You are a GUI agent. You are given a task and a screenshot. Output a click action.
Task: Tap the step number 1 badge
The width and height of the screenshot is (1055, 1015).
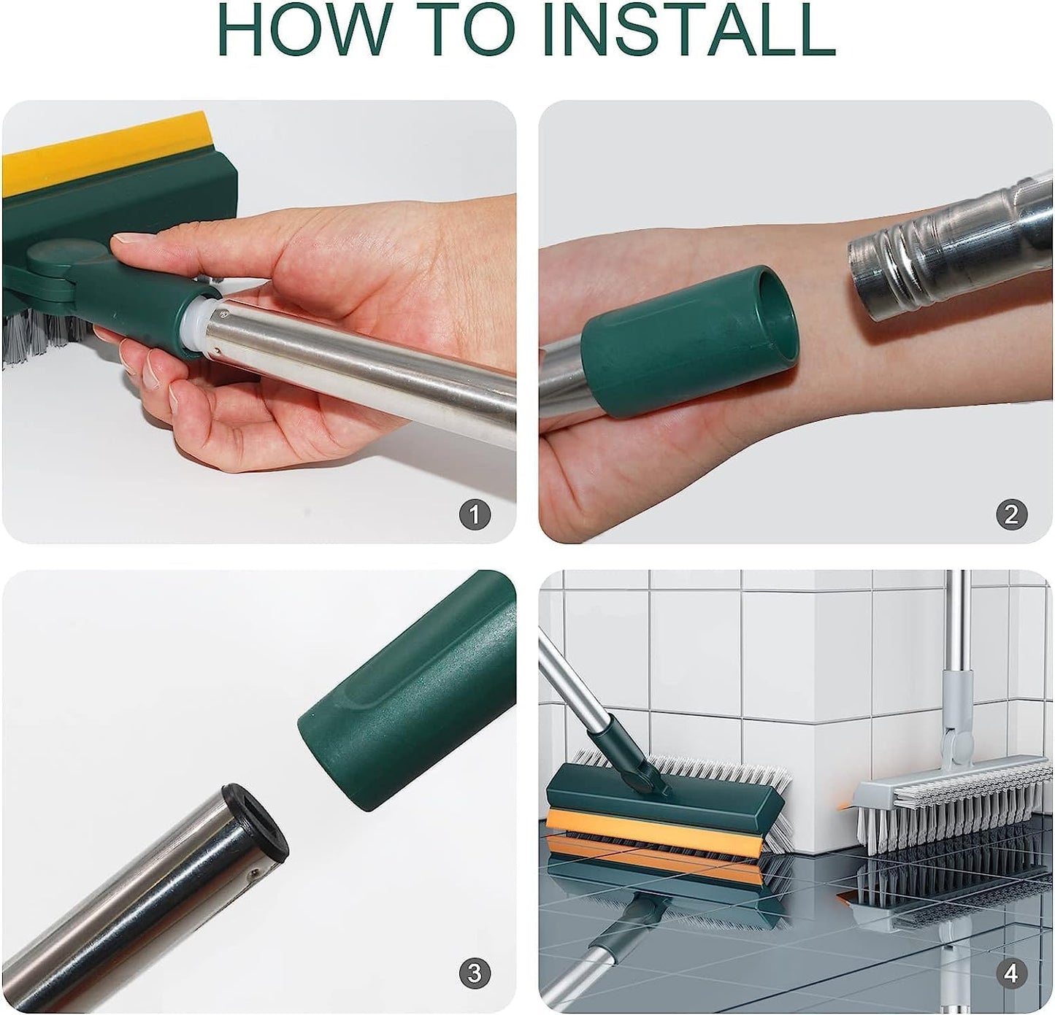[475, 515]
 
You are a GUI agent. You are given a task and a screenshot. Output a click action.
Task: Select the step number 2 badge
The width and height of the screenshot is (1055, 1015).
[1011, 515]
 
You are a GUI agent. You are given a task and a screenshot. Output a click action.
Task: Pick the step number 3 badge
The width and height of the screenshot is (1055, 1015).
[475, 973]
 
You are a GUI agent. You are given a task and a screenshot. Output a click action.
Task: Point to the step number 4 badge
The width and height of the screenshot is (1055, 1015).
[1011, 973]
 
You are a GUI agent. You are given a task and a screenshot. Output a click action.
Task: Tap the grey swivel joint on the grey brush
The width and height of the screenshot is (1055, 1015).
[957, 744]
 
